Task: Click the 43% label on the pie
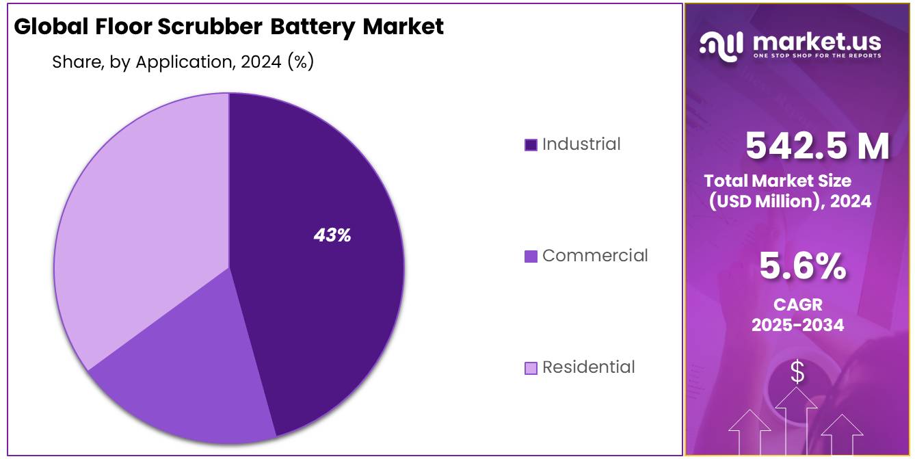point(332,235)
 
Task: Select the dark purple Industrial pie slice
point(321,308)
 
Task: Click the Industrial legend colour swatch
point(531,145)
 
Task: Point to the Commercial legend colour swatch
point(531,257)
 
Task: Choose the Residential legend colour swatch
point(531,368)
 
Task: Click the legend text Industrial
point(581,144)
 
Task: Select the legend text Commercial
point(595,256)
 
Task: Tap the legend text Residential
point(588,367)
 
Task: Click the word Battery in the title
point(313,27)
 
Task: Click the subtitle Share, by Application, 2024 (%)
point(183,62)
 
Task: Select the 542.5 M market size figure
point(817,146)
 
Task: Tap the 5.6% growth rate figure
point(802,267)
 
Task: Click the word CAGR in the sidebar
point(797,304)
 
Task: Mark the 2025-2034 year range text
point(797,325)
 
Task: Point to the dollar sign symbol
point(797,373)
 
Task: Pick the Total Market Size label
point(778,181)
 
